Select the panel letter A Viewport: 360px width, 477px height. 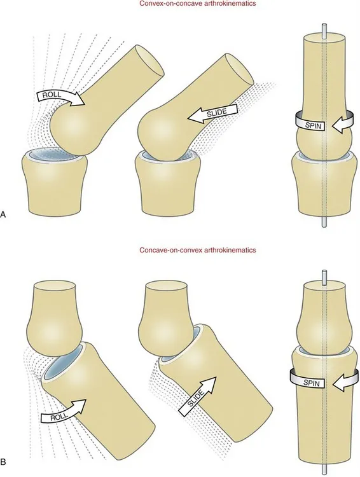[x=5, y=215]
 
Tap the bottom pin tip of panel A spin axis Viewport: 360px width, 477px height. [x=324, y=219]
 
